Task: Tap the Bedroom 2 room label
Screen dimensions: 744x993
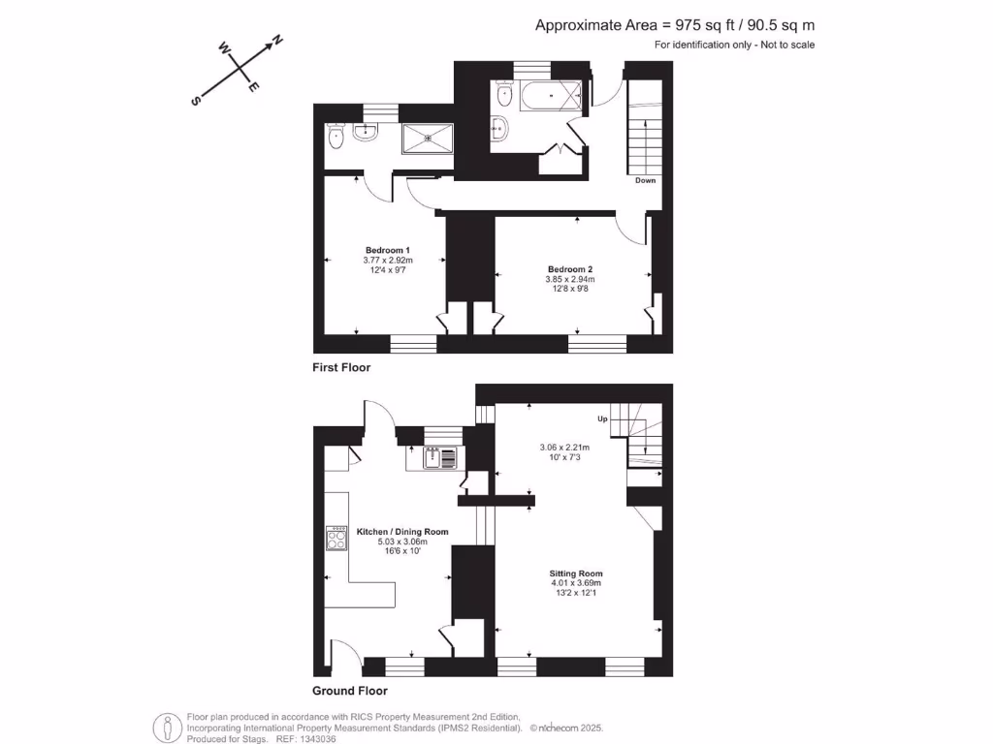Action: (569, 268)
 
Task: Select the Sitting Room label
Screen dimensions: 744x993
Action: (576, 573)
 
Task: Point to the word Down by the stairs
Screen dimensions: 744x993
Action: (646, 181)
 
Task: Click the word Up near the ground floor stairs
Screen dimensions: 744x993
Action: (602, 418)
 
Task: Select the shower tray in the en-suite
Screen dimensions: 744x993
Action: (427, 138)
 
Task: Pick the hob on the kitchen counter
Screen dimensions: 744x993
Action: (337, 539)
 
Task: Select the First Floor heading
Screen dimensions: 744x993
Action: (341, 368)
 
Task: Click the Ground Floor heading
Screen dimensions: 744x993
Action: (349, 691)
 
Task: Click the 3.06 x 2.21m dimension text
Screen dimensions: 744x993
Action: (566, 448)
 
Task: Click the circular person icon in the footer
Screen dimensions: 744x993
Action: (168, 727)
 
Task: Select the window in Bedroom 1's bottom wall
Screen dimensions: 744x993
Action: (413, 343)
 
